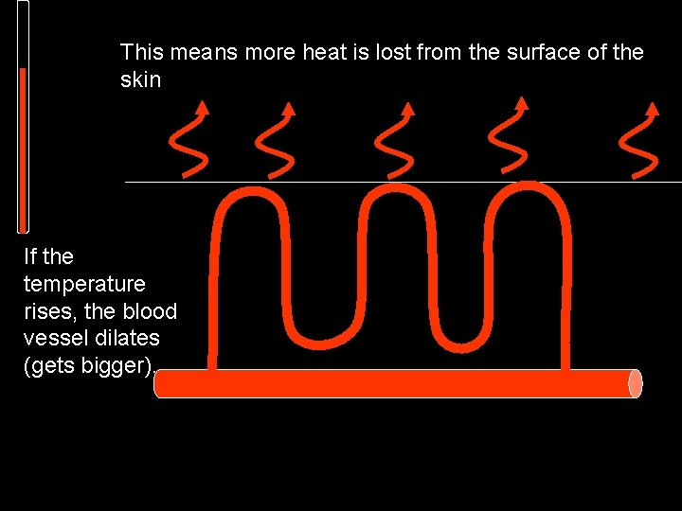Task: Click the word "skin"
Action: (x=140, y=80)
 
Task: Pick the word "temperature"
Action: (x=84, y=284)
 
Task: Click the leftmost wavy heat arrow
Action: (x=190, y=142)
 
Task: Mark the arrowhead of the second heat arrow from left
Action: (x=288, y=108)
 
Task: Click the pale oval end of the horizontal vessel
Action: (x=635, y=383)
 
